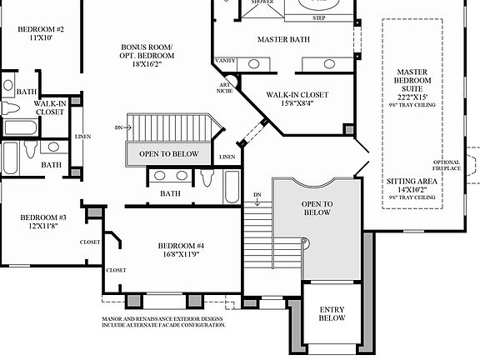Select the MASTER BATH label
284,38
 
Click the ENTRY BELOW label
332,314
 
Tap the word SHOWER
261,2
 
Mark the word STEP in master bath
319,17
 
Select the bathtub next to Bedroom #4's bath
231,187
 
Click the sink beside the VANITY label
253,64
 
